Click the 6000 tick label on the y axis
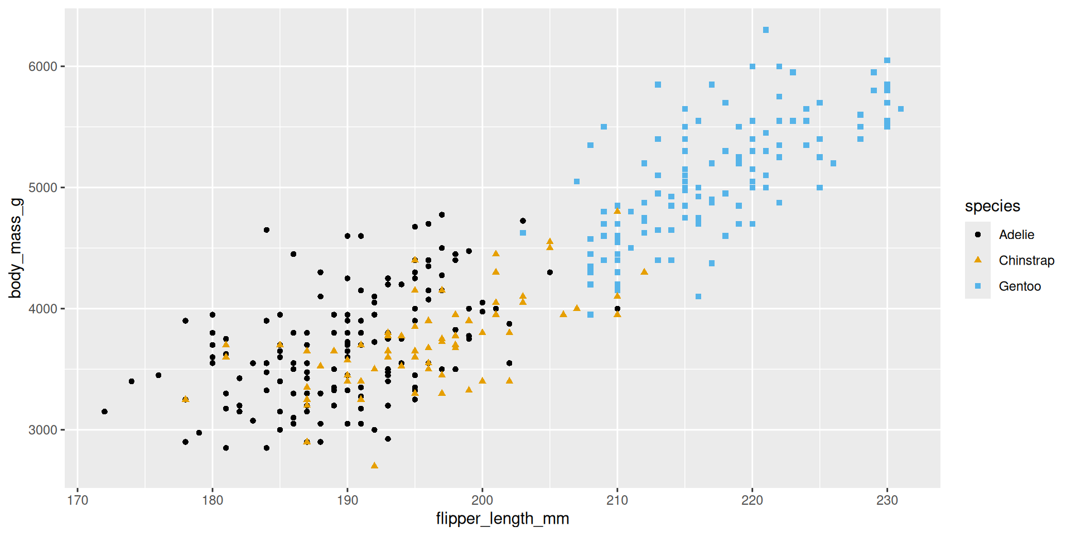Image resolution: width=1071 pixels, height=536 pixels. coord(43,66)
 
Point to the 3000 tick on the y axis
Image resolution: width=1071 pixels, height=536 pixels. coord(43,430)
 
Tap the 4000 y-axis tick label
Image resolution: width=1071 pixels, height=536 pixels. coord(43,309)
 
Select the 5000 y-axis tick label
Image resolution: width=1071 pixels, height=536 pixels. coord(43,188)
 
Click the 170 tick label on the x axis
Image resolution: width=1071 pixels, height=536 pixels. coord(78,500)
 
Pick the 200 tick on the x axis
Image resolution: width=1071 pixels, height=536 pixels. coord(483,500)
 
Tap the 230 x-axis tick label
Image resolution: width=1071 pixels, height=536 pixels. coord(887,500)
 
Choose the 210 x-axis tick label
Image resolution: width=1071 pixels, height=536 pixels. coord(617,500)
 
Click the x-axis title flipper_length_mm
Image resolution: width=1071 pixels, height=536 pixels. coord(502,519)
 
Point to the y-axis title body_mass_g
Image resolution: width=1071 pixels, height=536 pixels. coord(16,248)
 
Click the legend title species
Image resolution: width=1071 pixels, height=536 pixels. coord(992,206)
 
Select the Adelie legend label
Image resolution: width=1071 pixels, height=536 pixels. coord(1016,234)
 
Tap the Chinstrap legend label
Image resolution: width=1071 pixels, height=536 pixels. coord(1026,260)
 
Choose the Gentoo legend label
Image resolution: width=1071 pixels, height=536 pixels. coord(1020,286)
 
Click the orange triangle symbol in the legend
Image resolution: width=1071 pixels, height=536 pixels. coord(978,260)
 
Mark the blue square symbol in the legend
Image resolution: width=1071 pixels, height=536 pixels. coord(978,286)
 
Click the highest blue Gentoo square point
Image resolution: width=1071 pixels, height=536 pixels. coord(766,30)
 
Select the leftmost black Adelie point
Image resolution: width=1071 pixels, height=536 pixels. coord(104,411)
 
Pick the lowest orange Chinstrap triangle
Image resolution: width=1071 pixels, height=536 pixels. coord(374,465)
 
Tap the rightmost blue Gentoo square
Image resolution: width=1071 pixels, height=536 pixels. coord(901,109)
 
